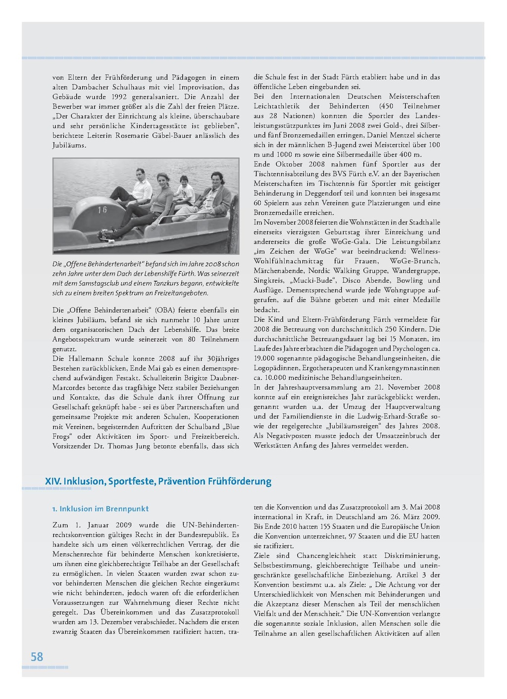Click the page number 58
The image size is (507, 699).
(x=37, y=657)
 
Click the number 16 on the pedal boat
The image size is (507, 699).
(x=102, y=210)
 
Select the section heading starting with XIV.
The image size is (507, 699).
(x=158, y=481)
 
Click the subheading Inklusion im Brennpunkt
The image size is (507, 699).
(x=101, y=509)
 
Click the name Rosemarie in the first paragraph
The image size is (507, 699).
(x=135, y=135)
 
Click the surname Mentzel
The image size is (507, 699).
(x=409, y=135)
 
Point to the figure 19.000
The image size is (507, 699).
(x=265, y=358)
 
